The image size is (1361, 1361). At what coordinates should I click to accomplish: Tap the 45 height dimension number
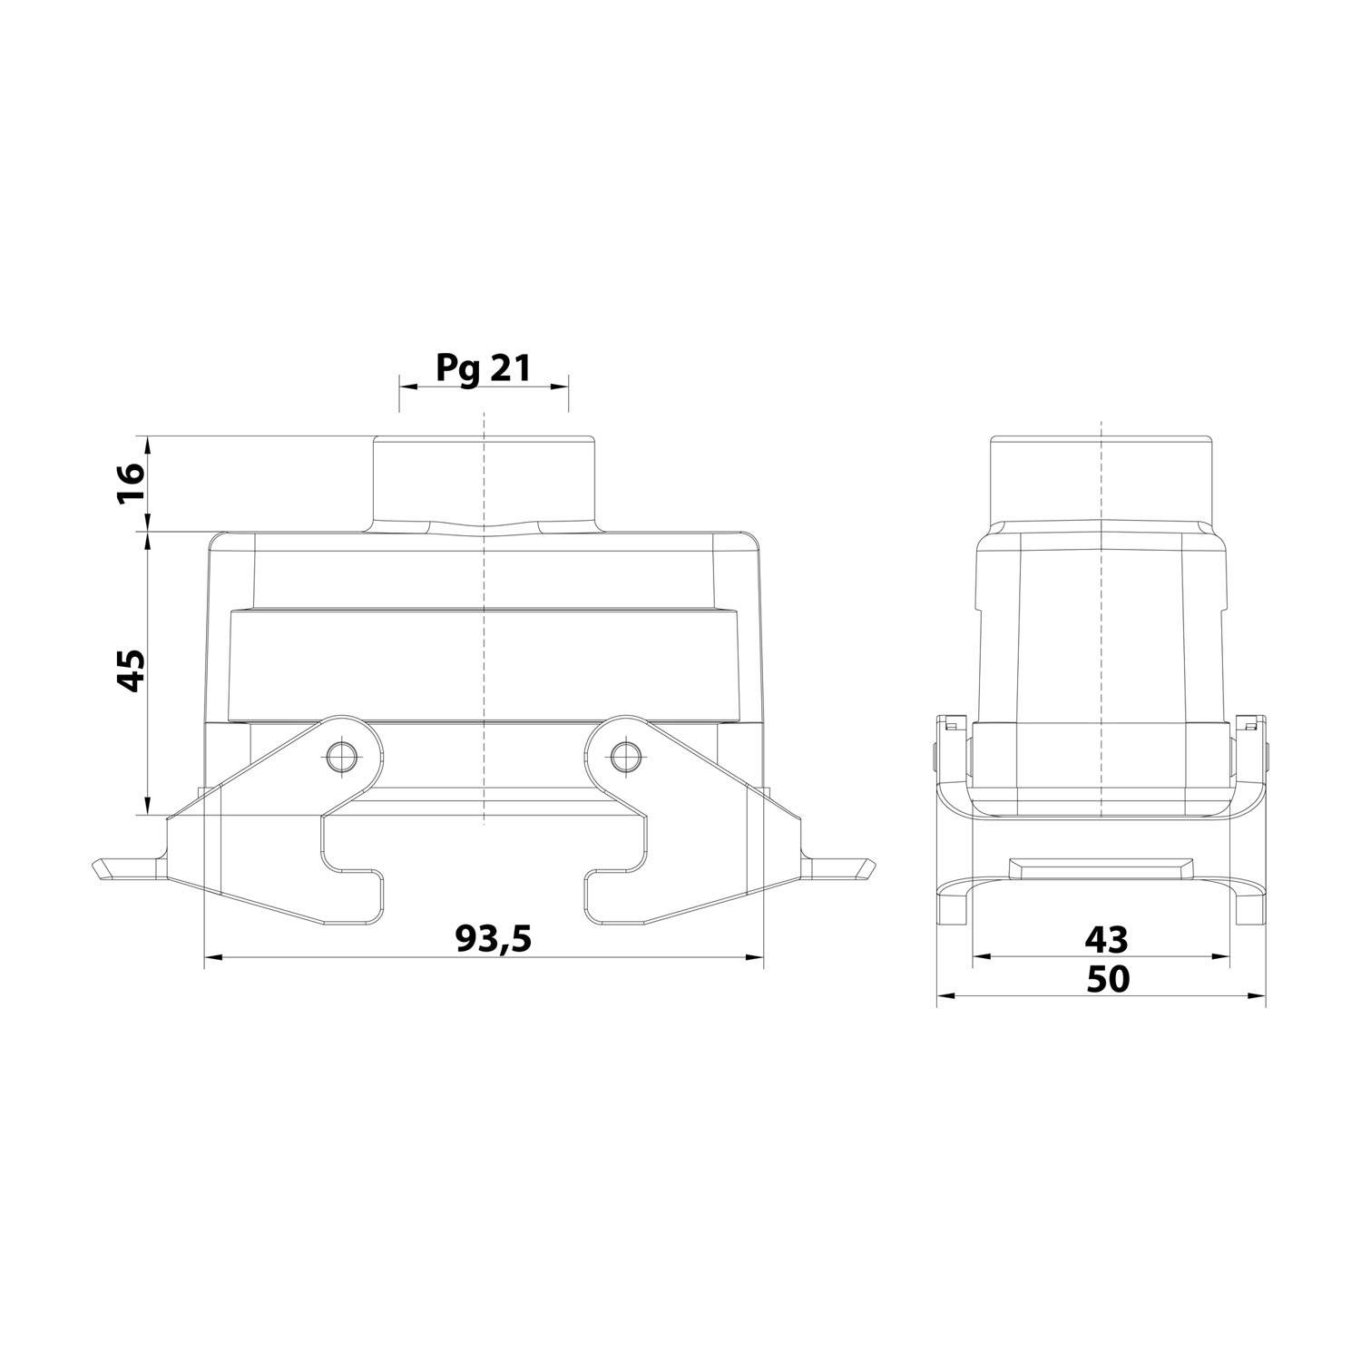(x=132, y=671)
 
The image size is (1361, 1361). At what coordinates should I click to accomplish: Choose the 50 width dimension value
(x=1107, y=978)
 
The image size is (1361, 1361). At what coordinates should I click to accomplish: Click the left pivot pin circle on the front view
(x=342, y=755)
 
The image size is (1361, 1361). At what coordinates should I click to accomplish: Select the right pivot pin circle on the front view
(x=623, y=755)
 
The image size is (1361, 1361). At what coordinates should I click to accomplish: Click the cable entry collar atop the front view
(x=484, y=481)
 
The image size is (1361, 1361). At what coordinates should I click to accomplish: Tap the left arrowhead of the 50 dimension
(x=945, y=995)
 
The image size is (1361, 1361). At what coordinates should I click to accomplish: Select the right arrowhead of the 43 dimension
(x=1221, y=956)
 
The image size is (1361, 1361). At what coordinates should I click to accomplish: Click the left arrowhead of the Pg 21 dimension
(x=407, y=387)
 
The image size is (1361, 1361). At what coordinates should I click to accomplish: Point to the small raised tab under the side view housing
(x=1101, y=867)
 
